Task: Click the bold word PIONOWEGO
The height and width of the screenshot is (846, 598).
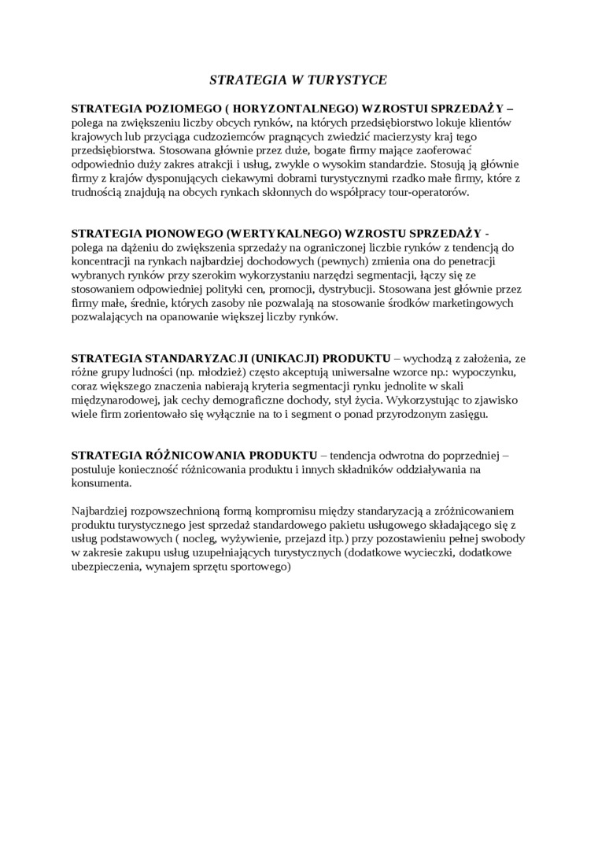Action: [166, 233]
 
